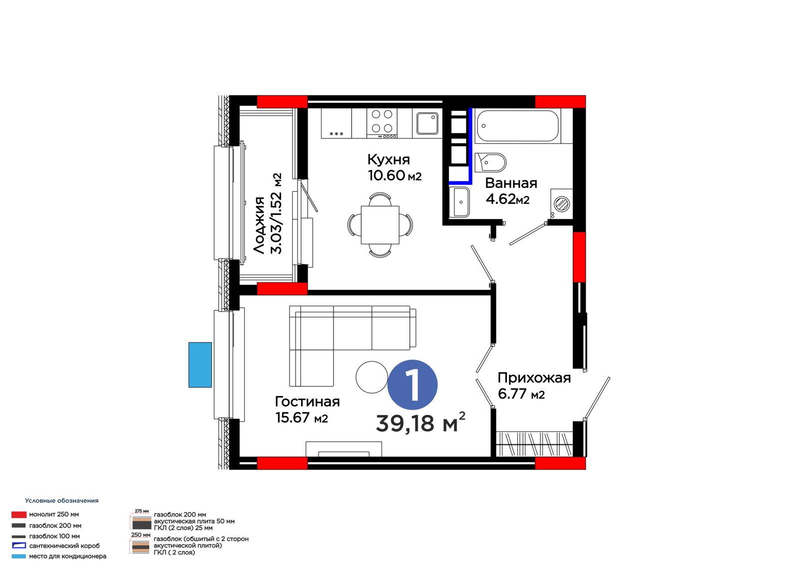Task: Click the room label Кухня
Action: [389, 159]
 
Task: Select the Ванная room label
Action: [511, 183]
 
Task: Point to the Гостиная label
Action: [307, 402]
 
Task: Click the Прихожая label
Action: [534, 378]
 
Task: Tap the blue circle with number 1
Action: [412, 385]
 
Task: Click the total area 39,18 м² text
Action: [420, 423]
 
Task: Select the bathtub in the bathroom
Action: [517, 125]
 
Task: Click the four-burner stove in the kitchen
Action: [382, 123]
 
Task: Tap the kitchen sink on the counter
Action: [427, 123]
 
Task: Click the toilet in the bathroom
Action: [490, 163]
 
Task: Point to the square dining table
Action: [380, 225]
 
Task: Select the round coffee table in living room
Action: [372, 377]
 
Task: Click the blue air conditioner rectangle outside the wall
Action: [200, 365]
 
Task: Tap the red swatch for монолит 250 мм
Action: [19, 515]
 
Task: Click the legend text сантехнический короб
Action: [64, 546]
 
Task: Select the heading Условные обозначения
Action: [62, 501]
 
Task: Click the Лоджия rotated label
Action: [259, 225]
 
